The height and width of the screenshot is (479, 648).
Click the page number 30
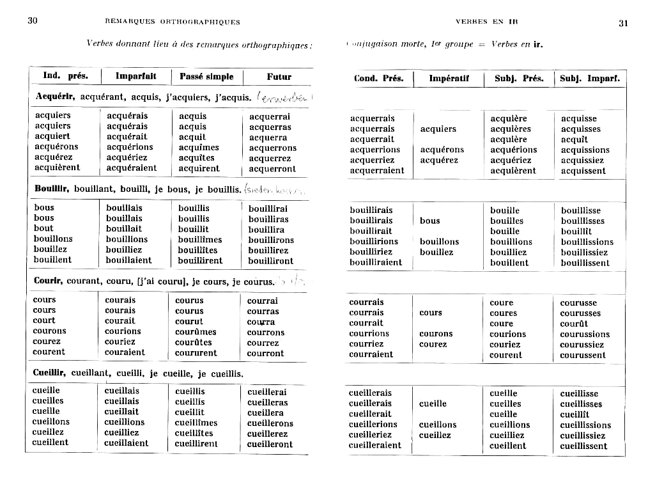point(33,20)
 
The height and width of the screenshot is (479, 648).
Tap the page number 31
point(623,23)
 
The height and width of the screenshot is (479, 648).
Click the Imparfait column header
point(135,76)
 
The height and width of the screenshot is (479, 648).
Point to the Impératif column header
point(449,79)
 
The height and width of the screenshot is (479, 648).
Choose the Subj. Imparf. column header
point(589,79)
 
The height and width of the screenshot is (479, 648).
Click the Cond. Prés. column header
point(378,79)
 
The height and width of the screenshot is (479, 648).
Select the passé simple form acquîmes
point(199,147)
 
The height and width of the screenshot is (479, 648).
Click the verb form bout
point(43,228)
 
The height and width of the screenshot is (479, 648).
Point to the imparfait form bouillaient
point(129,260)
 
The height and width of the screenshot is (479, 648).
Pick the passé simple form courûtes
point(193,342)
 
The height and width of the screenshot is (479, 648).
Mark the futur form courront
point(265,353)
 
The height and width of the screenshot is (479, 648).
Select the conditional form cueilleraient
point(375,445)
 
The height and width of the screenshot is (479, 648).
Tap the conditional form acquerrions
point(374,150)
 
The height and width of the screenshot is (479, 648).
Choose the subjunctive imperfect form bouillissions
point(587,242)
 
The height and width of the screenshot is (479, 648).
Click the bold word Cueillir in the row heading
point(50,373)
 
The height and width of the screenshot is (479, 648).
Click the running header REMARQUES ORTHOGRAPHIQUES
point(172,22)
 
